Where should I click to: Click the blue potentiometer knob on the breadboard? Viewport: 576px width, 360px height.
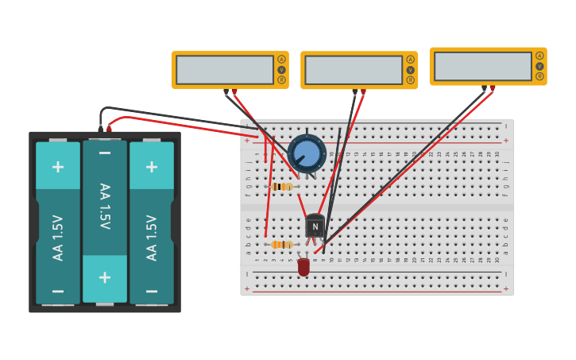(x=307, y=153)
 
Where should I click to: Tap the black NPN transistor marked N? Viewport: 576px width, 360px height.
(x=315, y=226)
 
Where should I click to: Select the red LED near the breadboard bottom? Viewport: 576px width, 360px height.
(x=303, y=266)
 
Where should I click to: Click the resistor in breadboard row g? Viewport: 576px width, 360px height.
(x=281, y=187)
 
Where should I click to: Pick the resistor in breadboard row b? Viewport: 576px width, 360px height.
(x=281, y=245)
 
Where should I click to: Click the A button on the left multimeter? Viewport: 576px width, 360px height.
(x=281, y=60)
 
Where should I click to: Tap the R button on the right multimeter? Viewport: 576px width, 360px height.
(x=539, y=76)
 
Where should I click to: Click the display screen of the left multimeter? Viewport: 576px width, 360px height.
(x=225, y=70)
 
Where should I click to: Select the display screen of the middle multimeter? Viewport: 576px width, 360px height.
(x=354, y=70)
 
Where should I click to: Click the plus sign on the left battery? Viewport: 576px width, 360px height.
(x=58, y=166)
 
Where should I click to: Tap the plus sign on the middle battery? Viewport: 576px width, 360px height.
(x=105, y=277)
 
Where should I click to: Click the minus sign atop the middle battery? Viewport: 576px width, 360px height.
(x=105, y=153)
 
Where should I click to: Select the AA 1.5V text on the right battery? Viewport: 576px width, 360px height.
(x=152, y=237)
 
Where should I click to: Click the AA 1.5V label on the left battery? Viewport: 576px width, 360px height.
(x=58, y=237)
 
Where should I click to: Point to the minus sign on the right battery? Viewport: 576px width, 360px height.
(x=152, y=291)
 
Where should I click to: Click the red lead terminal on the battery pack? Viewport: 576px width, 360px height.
(x=110, y=128)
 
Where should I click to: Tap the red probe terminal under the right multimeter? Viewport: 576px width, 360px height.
(x=493, y=88)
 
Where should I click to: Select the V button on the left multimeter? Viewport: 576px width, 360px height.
(x=281, y=70)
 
